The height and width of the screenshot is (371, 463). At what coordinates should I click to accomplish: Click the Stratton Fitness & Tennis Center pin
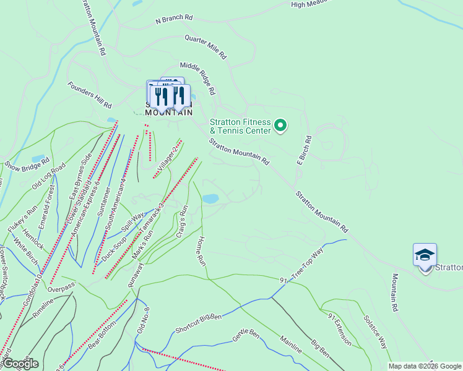[x=280, y=126]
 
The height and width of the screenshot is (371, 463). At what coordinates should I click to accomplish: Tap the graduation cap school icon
[x=425, y=255]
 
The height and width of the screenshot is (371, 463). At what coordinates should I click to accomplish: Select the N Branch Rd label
[x=174, y=19]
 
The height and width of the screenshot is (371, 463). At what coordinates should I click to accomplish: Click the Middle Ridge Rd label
[x=197, y=78]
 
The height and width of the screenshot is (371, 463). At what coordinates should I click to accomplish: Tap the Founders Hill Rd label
[x=90, y=95]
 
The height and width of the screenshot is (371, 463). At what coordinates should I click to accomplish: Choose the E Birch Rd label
[x=308, y=150]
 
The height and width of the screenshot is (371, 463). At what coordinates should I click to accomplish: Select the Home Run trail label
[x=201, y=250]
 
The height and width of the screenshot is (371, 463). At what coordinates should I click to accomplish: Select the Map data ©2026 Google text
[x=425, y=366]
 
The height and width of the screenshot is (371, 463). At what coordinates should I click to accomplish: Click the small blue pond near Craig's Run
[x=210, y=198]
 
